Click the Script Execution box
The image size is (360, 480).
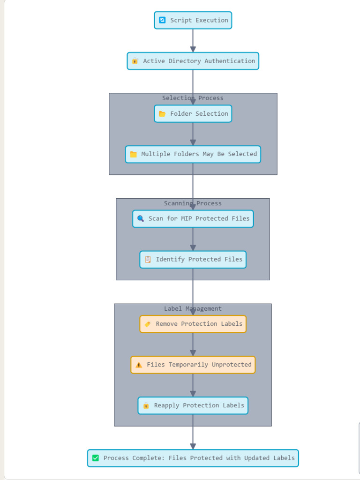pyautogui.click(x=193, y=20)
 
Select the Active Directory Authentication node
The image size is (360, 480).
pyautogui.click(x=193, y=61)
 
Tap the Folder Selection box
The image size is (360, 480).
pyautogui.click(x=193, y=113)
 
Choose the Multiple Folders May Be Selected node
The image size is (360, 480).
pyautogui.click(x=193, y=154)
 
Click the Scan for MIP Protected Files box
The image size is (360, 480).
pyautogui.click(x=193, y=218)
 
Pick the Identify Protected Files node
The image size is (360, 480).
pyautogui.click(x=193, y=259)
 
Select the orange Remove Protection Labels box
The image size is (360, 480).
pyautogui.click(x=193, y=324)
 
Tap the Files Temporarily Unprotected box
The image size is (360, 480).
pyautogui.click(x=193, y=365)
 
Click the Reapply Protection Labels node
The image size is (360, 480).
pyautogui.click(x=193, y=405)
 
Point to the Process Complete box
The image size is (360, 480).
pyautogui.click(x=193, y=458)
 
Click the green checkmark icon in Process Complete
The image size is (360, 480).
pyautogui.click(x=96, y=458)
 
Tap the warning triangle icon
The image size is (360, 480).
pyautogui.click(x=139, y=365)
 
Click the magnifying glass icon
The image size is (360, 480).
pyautogui.click(x=141, y=218)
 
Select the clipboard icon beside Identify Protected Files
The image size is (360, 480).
pyautogui.click(x=148, y=259)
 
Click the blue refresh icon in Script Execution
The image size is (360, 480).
pyautogui.click(x=162, y=20)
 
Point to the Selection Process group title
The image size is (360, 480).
pyautogui.click(x=193, y=98)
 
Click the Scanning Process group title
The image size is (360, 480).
pyautogui.click(x=193, y=203)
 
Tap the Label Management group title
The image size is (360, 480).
pyautogui.click(x=193, y=308)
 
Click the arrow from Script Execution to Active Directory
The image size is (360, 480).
pyautogui.click(x=193, y=40)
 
